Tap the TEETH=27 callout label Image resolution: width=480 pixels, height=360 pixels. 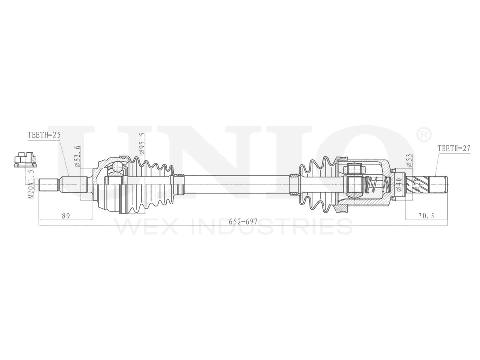454,148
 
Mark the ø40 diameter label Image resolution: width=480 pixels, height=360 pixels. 399,184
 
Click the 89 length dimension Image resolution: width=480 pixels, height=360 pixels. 66,216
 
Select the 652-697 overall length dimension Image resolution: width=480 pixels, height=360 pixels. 243,221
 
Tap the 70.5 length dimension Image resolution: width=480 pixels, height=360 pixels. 426,216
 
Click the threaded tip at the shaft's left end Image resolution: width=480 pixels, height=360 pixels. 48,184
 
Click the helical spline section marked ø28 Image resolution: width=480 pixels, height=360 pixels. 416,184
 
